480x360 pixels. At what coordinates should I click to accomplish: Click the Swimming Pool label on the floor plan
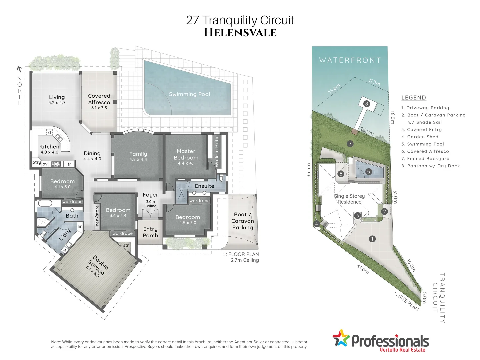(x=189, y=94)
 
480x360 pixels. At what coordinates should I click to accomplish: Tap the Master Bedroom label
(x=186, y=155)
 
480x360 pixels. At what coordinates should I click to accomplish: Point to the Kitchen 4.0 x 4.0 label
(x=49, y=149)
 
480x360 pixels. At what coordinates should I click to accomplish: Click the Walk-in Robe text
(x=217, y=151)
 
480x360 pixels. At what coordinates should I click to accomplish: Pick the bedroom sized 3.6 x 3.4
(x=118, y=212)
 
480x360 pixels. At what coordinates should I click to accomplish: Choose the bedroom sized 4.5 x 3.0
(x=188, y=219)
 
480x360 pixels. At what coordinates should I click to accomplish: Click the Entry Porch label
(x=150, y=232)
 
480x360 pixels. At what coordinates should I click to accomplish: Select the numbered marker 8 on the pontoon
(x=367, y=104)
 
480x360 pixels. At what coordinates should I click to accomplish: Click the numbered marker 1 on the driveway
(x=372, y=239)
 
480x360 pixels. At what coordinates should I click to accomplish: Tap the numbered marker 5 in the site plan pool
(x=368, y=172)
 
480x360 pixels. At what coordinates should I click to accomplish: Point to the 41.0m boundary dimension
(x=363, y=269)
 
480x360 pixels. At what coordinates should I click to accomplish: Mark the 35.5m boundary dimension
(x=309, y=170)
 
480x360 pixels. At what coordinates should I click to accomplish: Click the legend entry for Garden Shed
(x=420, y=137)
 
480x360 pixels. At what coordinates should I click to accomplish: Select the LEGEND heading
(x=414, y=98)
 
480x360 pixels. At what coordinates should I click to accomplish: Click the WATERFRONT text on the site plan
(x=350, y=60)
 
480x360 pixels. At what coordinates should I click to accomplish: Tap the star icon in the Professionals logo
(x=340, y=338)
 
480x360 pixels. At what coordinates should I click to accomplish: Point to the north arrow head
(x=19, y=69)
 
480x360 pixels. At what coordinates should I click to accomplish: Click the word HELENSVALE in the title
(x=240, y=33)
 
